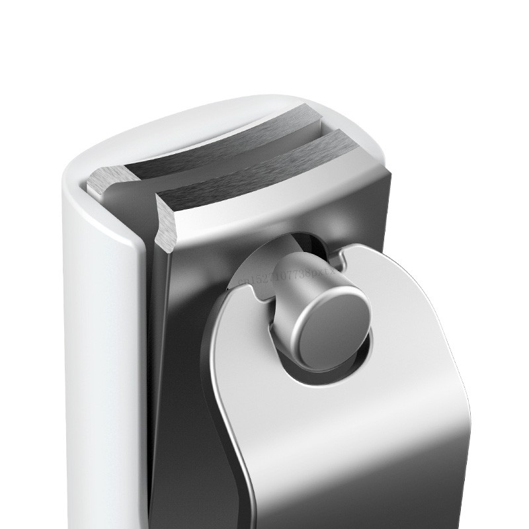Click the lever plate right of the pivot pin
pos(410,331)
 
